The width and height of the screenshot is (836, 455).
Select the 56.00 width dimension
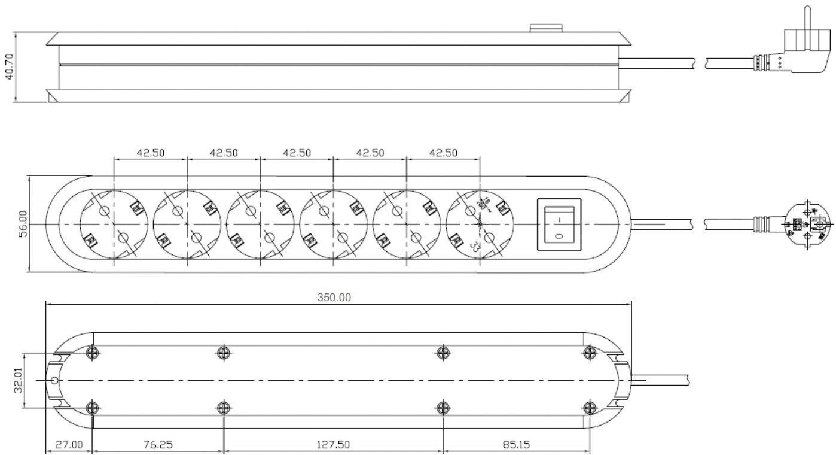pyautogui.click(x=23, y=224)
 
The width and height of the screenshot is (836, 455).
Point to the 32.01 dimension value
pyautogui.click(x=19, y=380)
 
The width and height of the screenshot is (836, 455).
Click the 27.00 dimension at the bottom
pyautogui.click(x=69, y=445)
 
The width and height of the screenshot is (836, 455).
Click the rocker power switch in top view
pyautogui.click(x=559, y=224)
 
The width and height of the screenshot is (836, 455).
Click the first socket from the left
pyautogui.click(x=114, y=224)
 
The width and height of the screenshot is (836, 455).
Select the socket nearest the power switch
pyautogui.click(x=479, y=224)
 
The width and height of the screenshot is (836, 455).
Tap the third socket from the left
pyautogui.click(x=260, y=224)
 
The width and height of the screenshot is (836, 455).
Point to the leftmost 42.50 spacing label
pyautogui.click(x=151, y=153)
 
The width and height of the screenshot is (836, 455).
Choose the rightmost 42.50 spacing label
pyautogui.click(x=443, y=153)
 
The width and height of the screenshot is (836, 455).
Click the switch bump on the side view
pyautogui.click(x=546, y=28)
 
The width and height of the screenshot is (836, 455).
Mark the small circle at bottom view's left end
pyautogui.click(x=54, y=380)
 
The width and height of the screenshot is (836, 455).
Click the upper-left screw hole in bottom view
pyautogui.click(x=91, y=353)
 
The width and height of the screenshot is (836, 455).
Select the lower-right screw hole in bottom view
pyautogui.click(x=590, y=408)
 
